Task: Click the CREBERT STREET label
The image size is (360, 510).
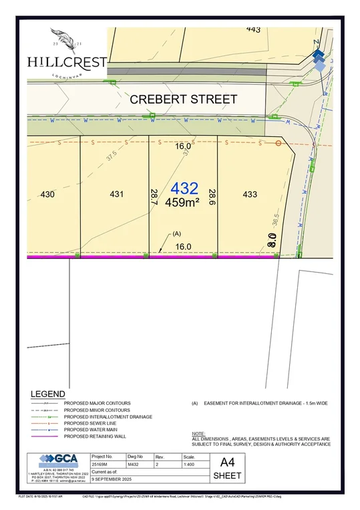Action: click(183, 100)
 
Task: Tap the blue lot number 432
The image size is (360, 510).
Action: click(184, 188)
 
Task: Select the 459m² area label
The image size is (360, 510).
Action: click(182, 202)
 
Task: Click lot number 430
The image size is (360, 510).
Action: click(47, 195)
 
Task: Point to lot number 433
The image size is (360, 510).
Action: click(250, 195)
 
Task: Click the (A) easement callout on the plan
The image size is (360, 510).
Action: click(177, 233)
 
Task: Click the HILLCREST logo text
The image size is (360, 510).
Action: click(67, 61)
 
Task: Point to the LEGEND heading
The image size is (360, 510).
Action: click(48, 394)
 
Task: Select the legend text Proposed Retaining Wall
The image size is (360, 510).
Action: click(96, 436)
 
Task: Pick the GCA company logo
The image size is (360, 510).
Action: click(57, 459)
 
